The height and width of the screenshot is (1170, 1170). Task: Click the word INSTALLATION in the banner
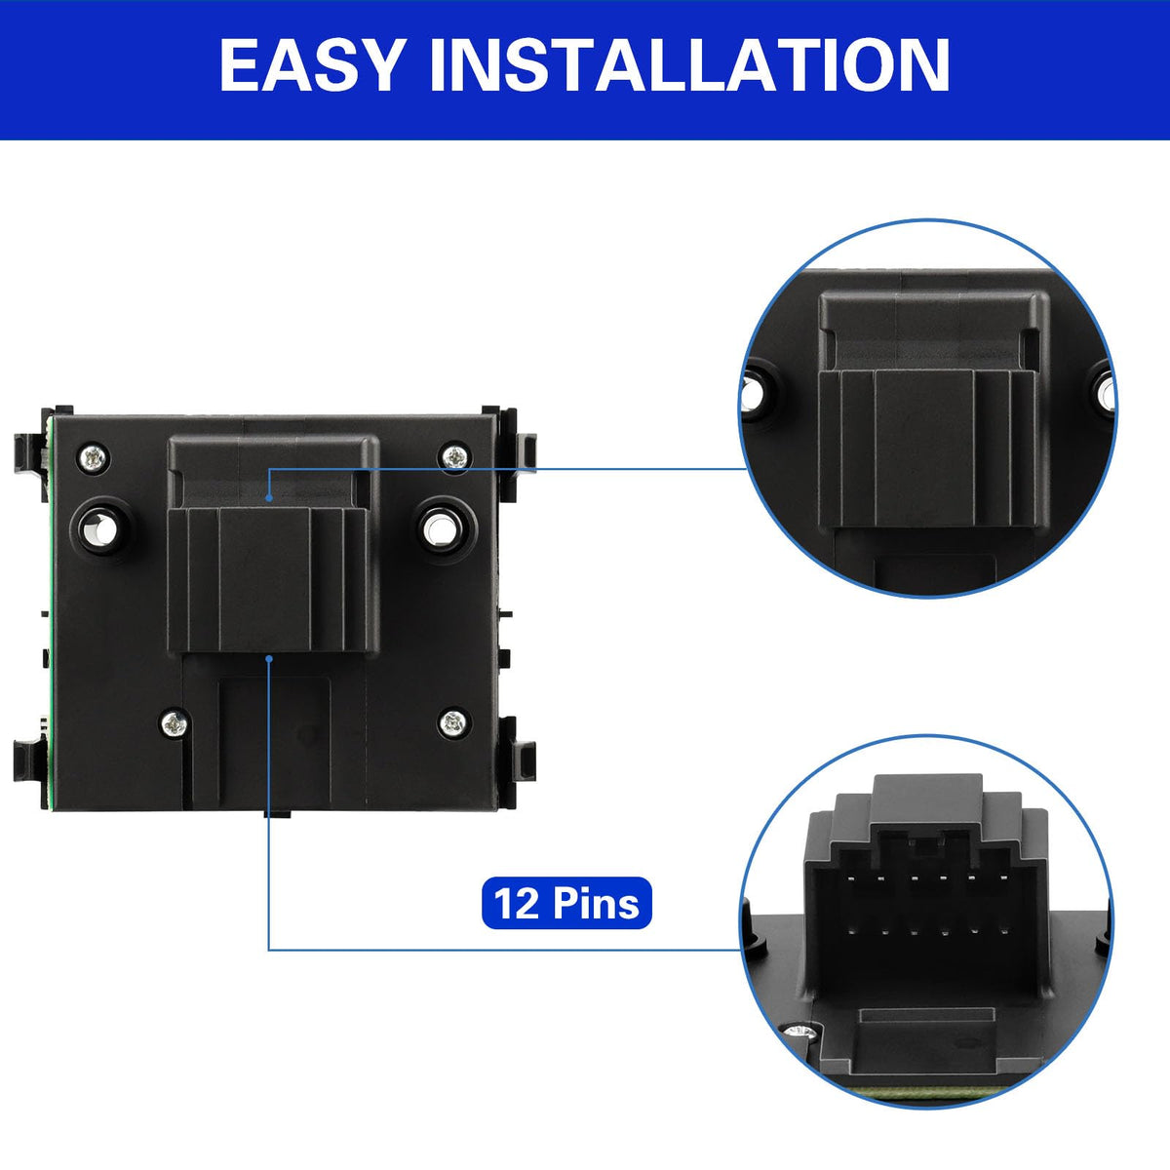(x=689, y=65)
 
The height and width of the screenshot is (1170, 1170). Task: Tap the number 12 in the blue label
(x=516, y=904)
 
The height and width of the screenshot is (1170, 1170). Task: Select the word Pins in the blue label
(x=596, y=904)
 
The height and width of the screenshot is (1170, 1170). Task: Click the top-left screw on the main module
(x=95, y=457)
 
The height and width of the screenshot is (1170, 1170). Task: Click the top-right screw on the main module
(x=454, y=456)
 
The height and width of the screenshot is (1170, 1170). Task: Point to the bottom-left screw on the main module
(x=175, y=722)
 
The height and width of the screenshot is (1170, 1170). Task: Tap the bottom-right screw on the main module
(x=453, y=722)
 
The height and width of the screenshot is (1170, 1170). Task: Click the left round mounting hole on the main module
(x=101, y=527)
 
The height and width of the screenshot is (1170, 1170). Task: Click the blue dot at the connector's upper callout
(x=269, y=498)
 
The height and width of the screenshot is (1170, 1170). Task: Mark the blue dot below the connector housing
(x=269, y=657)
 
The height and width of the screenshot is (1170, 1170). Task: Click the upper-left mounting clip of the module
(x=29, y=453)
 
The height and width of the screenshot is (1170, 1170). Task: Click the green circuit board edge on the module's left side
(x=49, y=607)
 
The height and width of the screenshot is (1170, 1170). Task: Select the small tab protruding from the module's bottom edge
(x=278, y=813)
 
